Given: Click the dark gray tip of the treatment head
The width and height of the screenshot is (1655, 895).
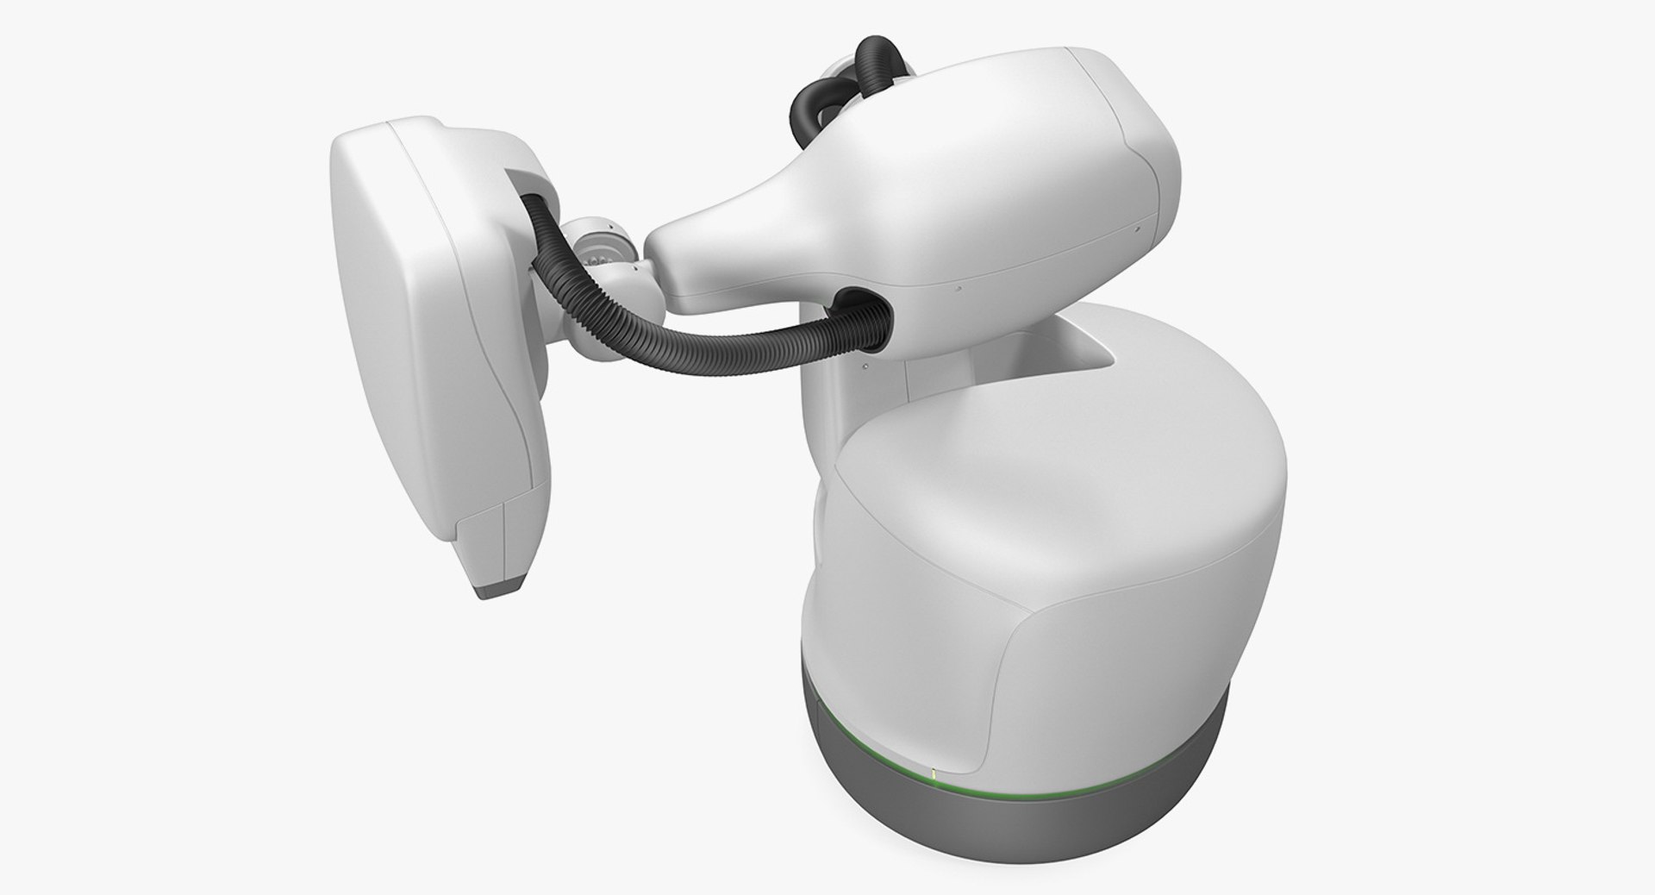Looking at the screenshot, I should (503, 591).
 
